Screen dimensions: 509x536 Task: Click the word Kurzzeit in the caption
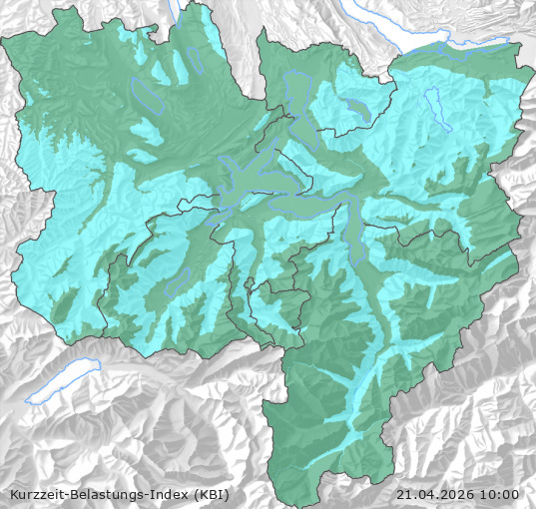coord(37,494)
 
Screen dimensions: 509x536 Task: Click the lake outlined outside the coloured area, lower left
coord(65,383)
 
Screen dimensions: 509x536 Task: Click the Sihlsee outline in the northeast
coord(432,103)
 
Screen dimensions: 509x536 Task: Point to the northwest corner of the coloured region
coord(6,40)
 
